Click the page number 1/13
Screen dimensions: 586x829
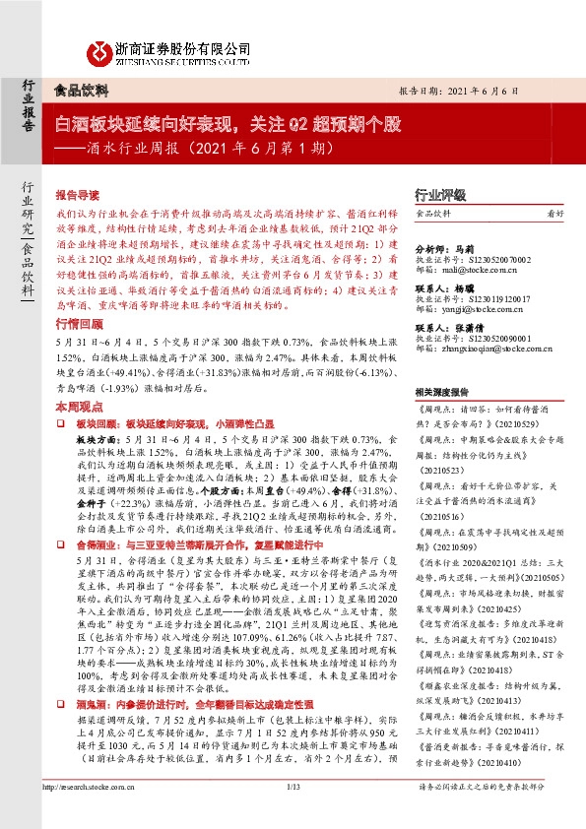click(292, 813)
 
